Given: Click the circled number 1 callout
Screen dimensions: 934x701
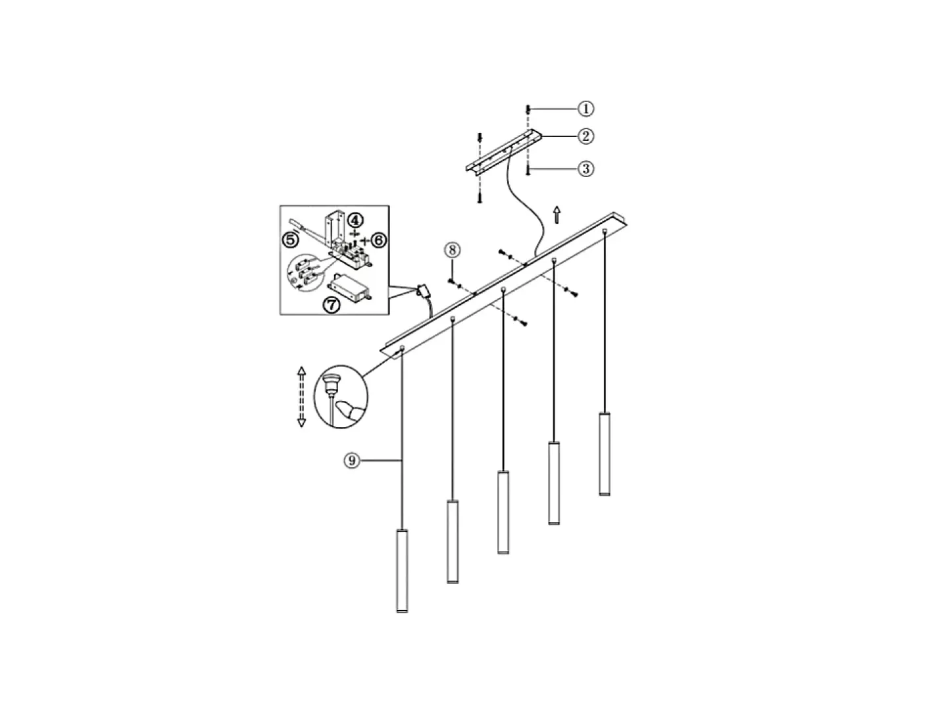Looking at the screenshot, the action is (585, 109).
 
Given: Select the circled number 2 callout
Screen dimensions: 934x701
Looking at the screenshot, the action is (585, 136).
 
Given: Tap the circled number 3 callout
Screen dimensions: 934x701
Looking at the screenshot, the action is (585, 169).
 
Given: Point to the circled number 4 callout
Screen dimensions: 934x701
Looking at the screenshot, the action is (355, 221).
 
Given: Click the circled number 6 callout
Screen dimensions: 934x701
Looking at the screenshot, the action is (378, 240).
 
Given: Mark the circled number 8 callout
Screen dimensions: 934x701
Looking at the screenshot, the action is (452, 250).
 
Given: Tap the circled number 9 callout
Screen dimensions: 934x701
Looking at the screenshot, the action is (352, 460).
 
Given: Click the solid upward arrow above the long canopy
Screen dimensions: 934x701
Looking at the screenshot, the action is (556, 215).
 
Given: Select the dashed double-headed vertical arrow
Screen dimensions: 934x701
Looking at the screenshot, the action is (301, 396).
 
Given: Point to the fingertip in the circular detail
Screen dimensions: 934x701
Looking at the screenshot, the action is (347, 411).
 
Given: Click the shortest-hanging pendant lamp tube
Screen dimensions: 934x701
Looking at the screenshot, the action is (604, 454).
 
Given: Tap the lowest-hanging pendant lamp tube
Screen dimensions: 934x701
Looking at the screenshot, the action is (402, 571).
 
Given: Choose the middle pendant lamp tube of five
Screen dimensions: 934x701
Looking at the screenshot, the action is (503, 512).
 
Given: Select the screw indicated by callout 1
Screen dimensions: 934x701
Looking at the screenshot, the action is (528, 109).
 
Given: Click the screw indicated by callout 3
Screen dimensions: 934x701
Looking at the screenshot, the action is (528, 170).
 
